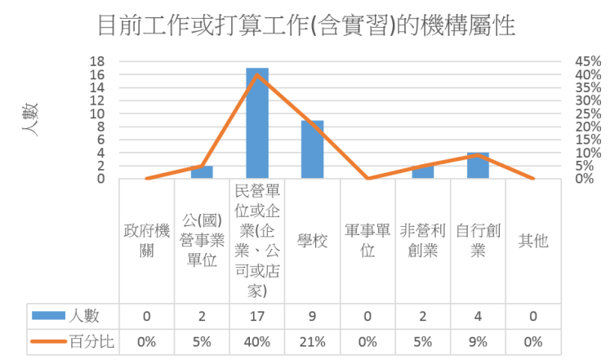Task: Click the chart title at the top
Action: tap(305, 26)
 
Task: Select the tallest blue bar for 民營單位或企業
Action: tap(257, 122)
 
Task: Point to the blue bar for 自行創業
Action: tap(478, 166)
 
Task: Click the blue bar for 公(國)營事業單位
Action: tap(202, 172)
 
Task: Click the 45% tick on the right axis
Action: tap(586, 61)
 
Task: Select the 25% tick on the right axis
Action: tap(586, 113)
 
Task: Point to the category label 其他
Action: tap(533, 241)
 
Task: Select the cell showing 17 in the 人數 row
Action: tap(257, 315)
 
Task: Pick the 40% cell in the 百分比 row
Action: tap(257, 340)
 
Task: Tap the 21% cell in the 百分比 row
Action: tap(312, 340)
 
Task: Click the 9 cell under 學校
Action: tap(312, 315)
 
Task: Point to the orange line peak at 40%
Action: tap(257, 74)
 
